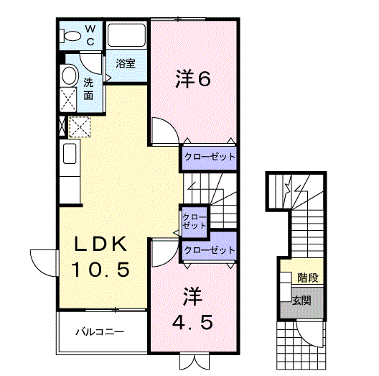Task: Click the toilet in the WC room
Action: pos(72,35)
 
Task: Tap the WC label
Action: pos(91,35)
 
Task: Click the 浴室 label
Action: pos(126,63)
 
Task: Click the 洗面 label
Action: pos(88,88)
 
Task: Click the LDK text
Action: pos(100,244)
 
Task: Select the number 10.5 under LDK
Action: pos(100,270)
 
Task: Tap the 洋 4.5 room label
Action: pos(192,307)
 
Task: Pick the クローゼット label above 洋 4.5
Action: pos(209,250)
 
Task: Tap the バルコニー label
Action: pos(100,332)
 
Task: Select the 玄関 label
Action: pos(302,300)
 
